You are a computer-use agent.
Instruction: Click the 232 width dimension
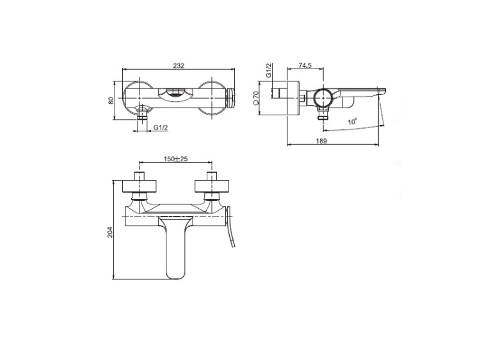(179, 65)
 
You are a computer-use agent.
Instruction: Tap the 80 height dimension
(111, 101)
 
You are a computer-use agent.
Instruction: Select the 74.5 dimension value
(305, 65)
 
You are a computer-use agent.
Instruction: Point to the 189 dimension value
(321, 141)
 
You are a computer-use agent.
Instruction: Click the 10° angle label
(353, 122)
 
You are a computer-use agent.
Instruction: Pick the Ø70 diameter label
(257, 99)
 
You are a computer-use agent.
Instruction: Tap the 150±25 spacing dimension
(175, 159)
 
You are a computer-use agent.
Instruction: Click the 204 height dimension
(111, 232)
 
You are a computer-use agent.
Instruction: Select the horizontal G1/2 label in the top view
(161, 127)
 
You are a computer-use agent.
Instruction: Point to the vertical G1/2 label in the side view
(268, 70)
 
